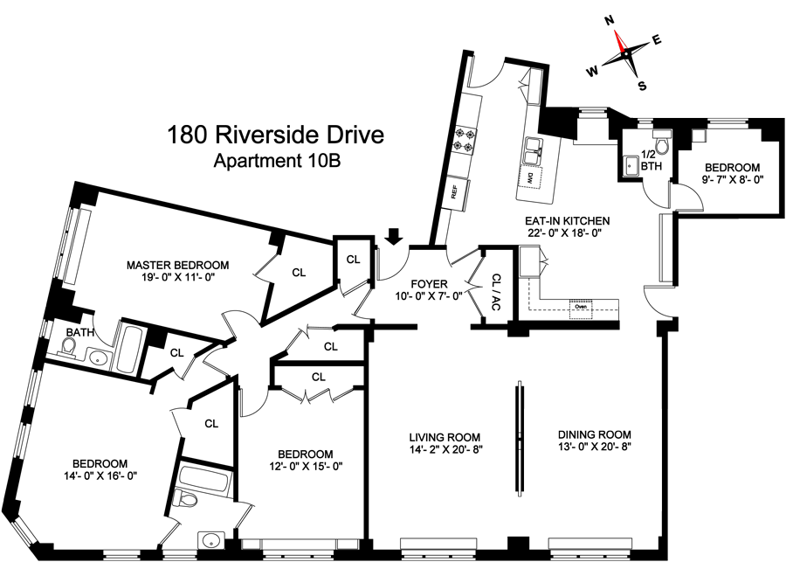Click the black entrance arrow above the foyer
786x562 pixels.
pyautogui.click(x=394, y=236)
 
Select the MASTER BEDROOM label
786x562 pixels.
pyautogui.click(x=177, y=265)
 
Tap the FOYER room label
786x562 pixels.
pyautogui.click(x=428, y=283)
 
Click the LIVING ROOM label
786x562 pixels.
pyautogui.click(x=445, y=436)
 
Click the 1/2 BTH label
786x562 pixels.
pyautogui.click(x=650, y=159)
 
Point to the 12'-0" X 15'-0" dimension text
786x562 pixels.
pyautogui.click(x=306, y=467)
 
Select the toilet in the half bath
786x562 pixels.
pyautogui.click(x=661, y=142)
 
